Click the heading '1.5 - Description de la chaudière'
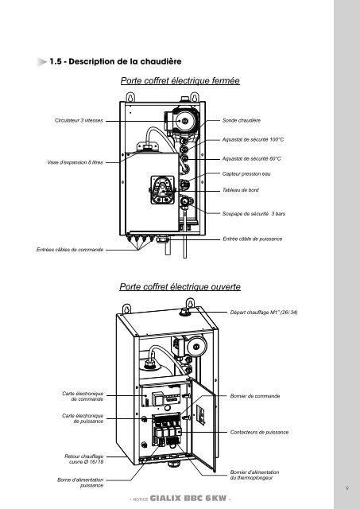click(x=115, y=61)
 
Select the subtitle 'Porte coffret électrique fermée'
click(x=180, y=80)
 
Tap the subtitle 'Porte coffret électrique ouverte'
click(x=180, y=286)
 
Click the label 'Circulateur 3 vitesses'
click(x=79, y=120)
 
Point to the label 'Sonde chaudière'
click(x=242, y=120)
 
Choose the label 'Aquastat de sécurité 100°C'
click(x=253, y=140)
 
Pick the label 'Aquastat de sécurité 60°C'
click(x=251, y=159)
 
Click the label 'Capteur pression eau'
click(x=246, y=174)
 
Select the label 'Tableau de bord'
click(x=240, y=190)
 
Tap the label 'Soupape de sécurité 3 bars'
click(x=254, y=214)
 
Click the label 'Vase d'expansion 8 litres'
click(x=75, y=162)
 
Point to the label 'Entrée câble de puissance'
click(x=253, y=239)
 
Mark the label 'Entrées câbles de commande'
click(x=70, y=250)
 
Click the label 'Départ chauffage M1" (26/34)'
click(x=264, y=313)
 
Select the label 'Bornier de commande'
click(x=255, y=396)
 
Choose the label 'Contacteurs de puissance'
click(x=259, y=432)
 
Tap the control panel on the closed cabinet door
click(x=162, y=190)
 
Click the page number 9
click(x=347, y=488)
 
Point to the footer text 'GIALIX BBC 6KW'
click(x=188, y=499)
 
